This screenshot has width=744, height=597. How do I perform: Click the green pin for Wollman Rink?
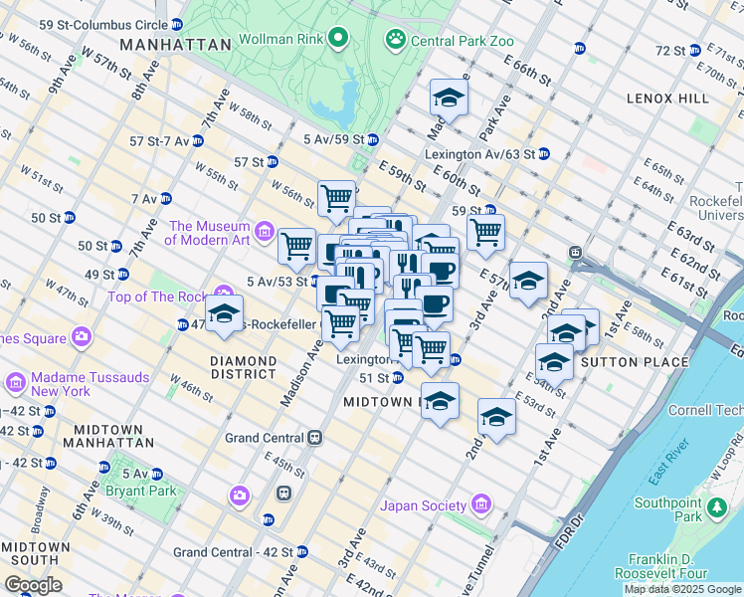(x=338, y=39)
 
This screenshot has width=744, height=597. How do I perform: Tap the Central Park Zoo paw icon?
(x=395, y=39)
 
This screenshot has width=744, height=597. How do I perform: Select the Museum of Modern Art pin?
(x=264, y=232)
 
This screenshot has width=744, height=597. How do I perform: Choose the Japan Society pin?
(x=482, y=504)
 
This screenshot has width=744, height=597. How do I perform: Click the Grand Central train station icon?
(x=315, y=437)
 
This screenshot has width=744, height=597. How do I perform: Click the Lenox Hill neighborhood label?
(x=667, y=99)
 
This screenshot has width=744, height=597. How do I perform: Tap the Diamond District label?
(x=243, y=367)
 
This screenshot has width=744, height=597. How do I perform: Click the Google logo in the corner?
(x=34, y=585)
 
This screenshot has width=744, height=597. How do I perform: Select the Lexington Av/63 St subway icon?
(x=543, y=154)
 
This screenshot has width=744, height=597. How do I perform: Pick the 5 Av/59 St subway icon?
(x=372, y=139)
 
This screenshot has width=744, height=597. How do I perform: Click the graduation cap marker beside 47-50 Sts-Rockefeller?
(x=225, y=313)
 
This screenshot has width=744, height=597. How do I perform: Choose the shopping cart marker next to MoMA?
(x=296, y=246)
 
